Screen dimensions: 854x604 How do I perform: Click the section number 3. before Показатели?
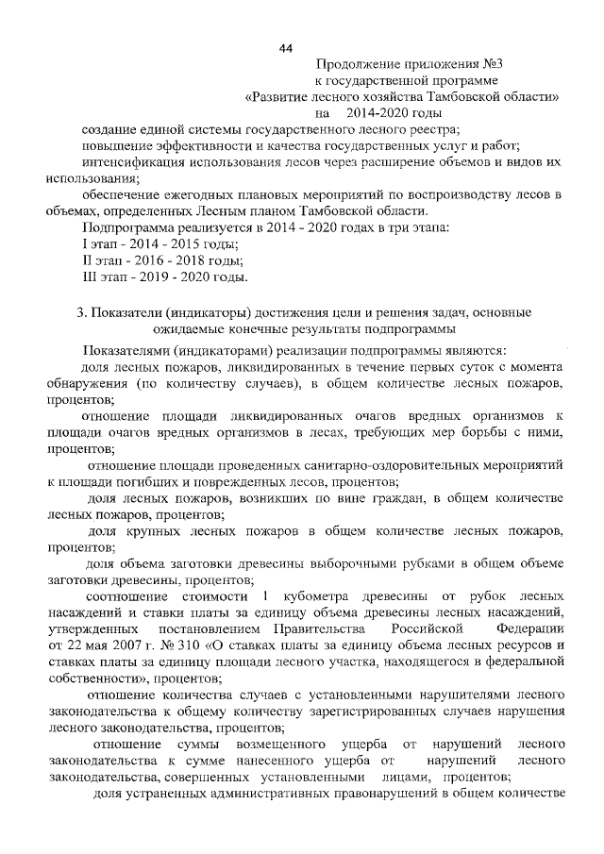point(82,312)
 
